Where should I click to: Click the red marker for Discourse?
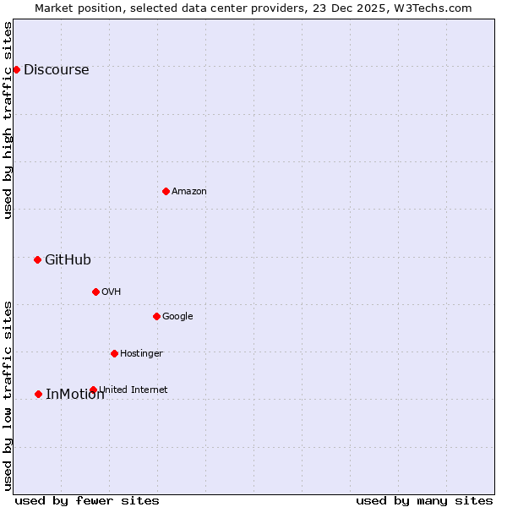pos(16,69)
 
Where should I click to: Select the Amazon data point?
pos(166,191)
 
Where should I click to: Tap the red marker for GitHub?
pos(37,259)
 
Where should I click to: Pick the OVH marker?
pos(95,292)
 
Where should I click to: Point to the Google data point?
pos(156,316)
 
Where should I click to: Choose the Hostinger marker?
pos(114,353)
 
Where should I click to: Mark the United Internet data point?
pos(93,390)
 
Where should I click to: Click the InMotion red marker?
pos(38,394)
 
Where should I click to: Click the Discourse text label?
pos(56,70)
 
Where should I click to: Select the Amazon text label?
pos(189,192)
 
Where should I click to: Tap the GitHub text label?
pos(68,260)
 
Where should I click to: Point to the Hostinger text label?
pos(141,353)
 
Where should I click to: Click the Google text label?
pos(177,317)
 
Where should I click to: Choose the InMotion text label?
pos(74,395)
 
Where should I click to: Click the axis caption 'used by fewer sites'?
pos(87,500)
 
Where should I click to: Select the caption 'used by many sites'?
pos(424,500)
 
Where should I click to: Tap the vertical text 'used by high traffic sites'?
pos(8,120)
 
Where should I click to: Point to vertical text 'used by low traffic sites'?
pos(8,395)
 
